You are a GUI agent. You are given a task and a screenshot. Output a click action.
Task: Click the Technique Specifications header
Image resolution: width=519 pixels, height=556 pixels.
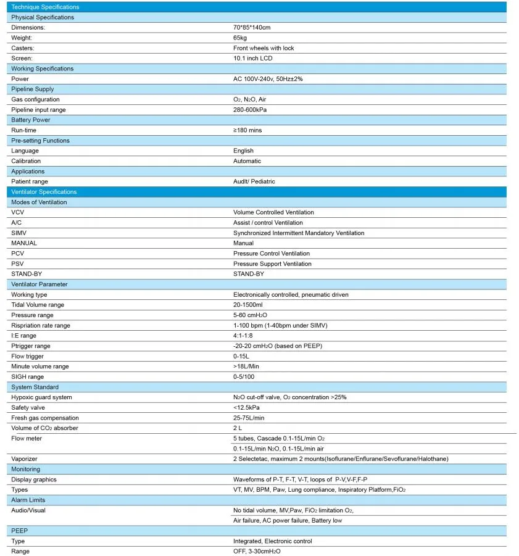(45, 7)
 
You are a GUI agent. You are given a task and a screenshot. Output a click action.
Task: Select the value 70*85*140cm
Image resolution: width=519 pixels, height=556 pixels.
(252, 28)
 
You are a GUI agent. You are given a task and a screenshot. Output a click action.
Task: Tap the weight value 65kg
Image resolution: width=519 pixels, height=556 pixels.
(240, 38)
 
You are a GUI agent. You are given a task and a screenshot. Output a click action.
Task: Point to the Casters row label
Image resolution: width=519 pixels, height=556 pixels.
(22, 48)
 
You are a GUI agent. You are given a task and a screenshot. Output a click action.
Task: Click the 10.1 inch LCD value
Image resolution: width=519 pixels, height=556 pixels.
(252, 59)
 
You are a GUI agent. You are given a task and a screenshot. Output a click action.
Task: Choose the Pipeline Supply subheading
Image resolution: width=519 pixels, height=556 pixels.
(32, 89)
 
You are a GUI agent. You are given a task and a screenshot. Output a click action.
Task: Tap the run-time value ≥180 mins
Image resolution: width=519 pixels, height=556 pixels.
(247, 130)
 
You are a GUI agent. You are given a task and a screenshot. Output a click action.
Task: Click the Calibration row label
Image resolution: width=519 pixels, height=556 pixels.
(26, 161)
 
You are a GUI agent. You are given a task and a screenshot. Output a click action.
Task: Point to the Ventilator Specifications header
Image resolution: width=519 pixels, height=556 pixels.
(44, 192)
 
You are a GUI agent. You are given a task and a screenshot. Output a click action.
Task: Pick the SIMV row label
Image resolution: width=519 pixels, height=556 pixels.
(19, 233)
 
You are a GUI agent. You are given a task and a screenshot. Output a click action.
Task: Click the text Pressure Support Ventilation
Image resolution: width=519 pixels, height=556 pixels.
(272, 264)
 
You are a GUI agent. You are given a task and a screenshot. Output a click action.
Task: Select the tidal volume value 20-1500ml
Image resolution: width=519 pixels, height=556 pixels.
(247, 305)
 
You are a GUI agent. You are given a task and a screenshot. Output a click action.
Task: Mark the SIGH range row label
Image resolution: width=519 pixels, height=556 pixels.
(27, 377)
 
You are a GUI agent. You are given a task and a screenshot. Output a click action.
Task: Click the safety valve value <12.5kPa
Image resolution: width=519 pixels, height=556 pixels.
(246, 408)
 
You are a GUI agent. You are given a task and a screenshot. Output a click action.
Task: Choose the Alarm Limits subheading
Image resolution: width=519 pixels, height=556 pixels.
(28, 500)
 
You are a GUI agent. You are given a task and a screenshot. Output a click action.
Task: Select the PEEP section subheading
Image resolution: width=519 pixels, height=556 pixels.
(19, 531)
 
